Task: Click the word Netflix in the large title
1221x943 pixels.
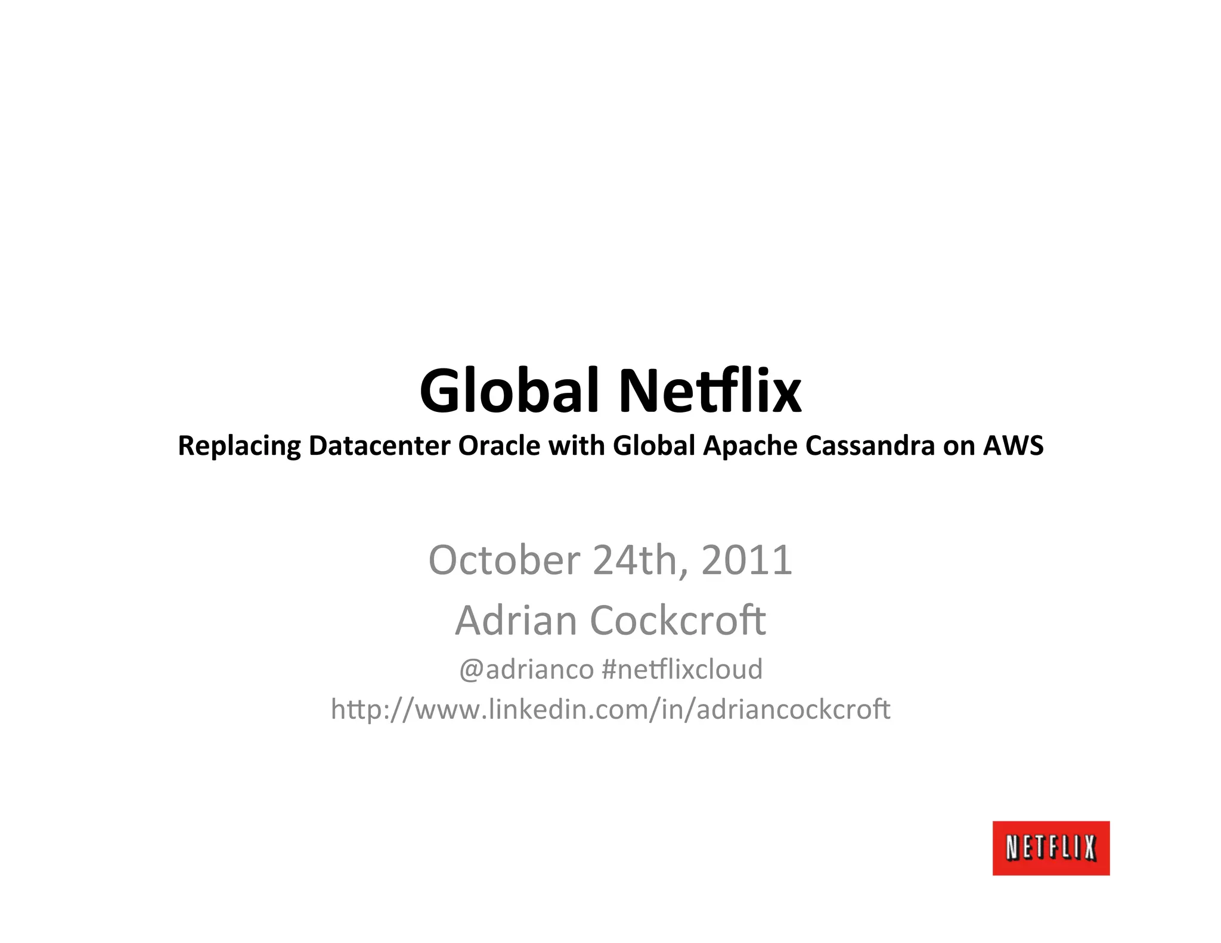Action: tap(709, 390)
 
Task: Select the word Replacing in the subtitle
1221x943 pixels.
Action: tap(239, 446)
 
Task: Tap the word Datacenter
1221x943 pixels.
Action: tap(379, 445)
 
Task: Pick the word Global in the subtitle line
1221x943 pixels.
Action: tap(654, 445)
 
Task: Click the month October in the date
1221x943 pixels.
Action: tap(504, 560)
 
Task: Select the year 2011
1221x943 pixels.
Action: tap(746, 560)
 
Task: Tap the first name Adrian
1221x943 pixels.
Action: tap(516, 620)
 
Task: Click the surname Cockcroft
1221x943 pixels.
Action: tap(677, 620)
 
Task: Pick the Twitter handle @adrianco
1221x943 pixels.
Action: tap(526, 669)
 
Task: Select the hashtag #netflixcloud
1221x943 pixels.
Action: tap(682, 669)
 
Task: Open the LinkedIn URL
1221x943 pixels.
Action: tap(610, 709)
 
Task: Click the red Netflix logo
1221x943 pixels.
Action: tap(1050, 848)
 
